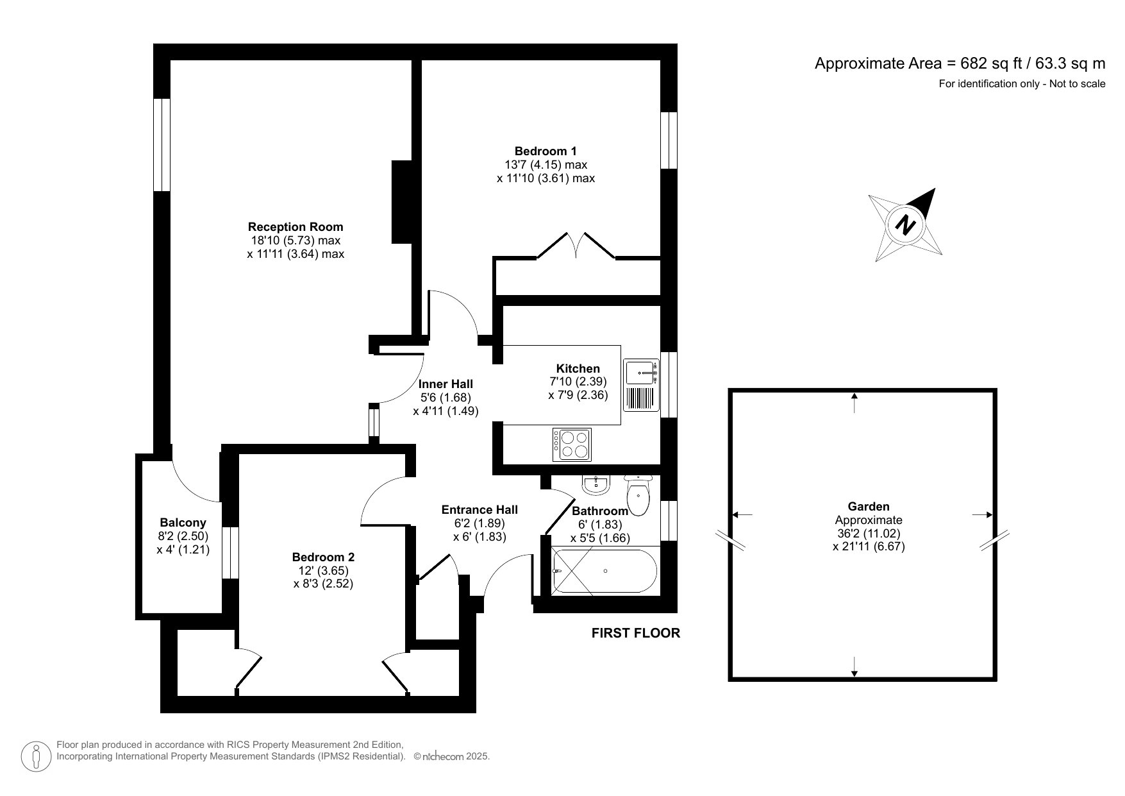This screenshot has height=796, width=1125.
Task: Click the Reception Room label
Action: click(296, 226)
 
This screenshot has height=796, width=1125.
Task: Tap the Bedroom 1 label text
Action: click(546, 151)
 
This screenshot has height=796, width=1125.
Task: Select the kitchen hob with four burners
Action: click(572, 444)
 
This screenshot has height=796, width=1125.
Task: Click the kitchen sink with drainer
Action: click(642, 385)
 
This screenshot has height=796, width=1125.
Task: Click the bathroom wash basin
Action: click(596, 484)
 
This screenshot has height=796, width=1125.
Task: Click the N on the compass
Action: click(905, 226)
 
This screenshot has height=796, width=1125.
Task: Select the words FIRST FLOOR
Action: click(635, 633)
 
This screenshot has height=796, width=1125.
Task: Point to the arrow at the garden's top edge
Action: click(854, 403)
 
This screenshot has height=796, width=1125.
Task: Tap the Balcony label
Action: click(183, 523)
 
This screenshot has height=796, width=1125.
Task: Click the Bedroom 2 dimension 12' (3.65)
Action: click(323, 570)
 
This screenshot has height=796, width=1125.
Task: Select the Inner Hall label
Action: click(446, 384)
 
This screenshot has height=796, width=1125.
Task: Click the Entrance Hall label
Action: click(479, 510)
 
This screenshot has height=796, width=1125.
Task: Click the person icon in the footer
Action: click(36, 756)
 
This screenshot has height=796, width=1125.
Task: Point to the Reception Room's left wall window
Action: click(162, 144)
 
